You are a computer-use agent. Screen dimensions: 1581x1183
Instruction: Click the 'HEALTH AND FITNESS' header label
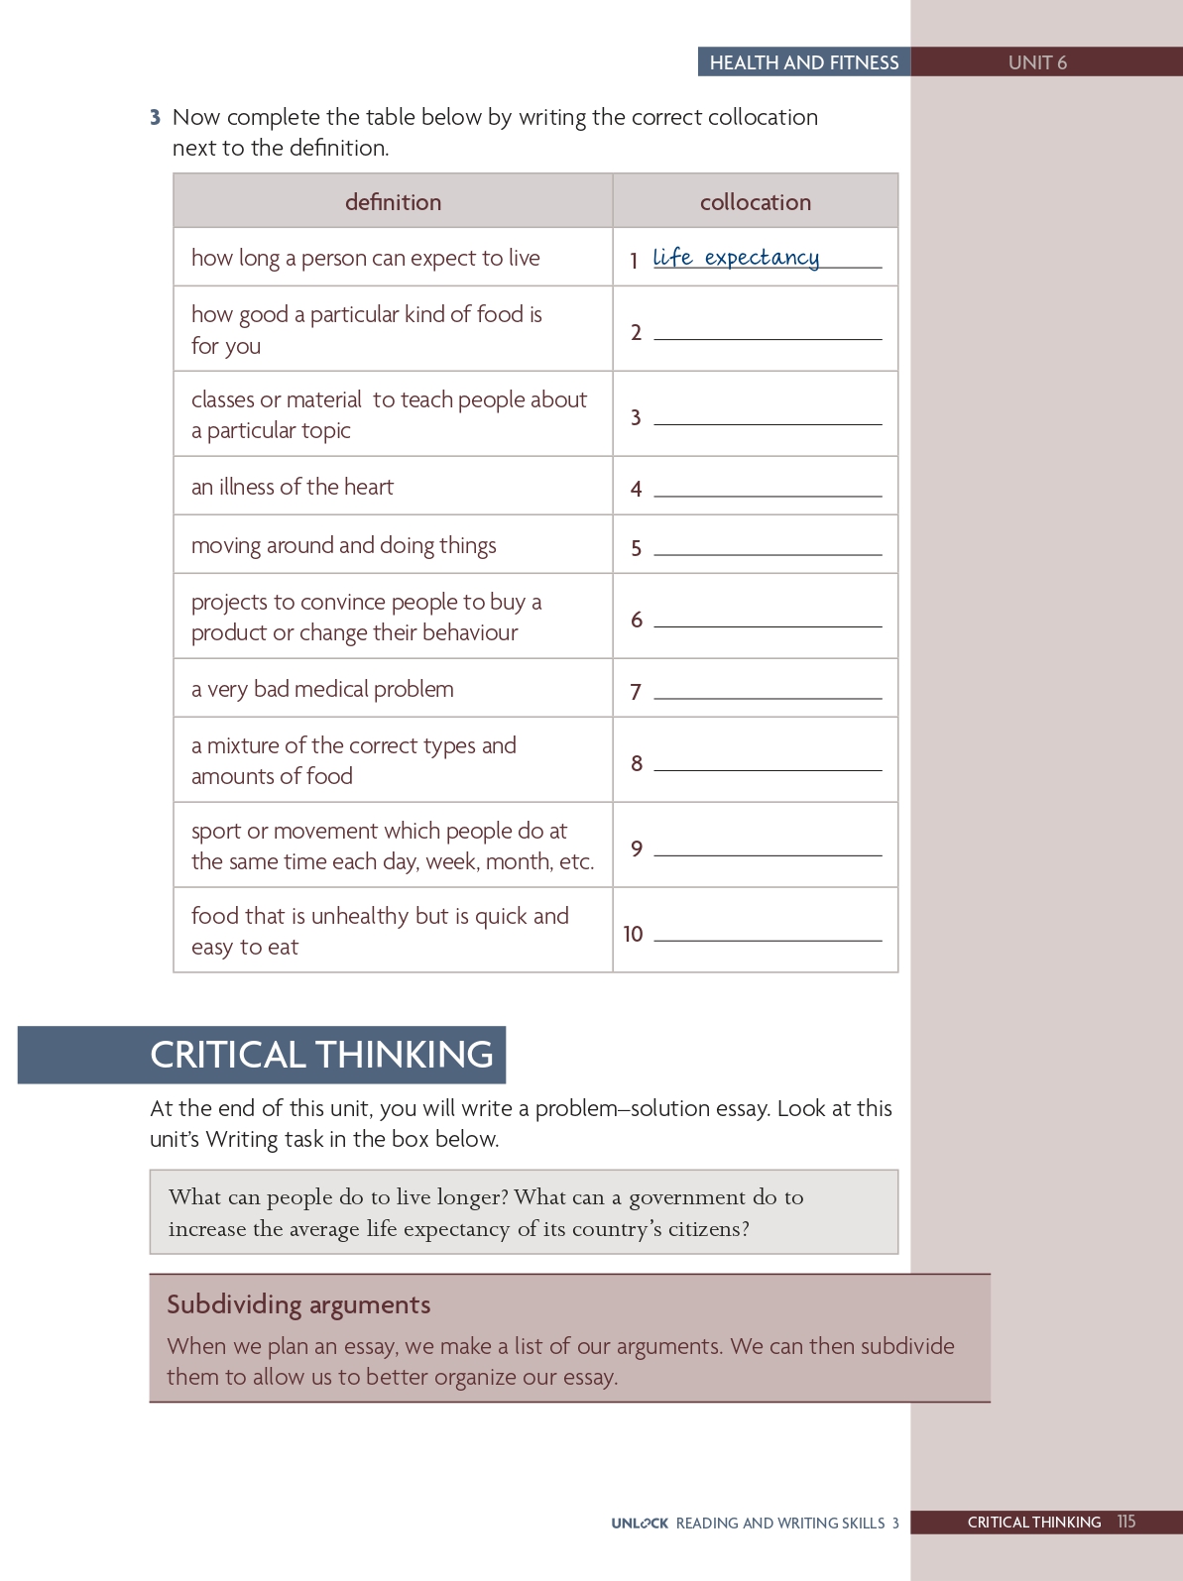point(803,62)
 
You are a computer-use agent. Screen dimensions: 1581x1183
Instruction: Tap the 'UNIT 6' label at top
point(1037,62)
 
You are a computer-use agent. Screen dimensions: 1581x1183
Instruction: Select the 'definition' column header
point(393,202)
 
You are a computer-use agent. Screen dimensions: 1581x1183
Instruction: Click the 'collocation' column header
point(755,202)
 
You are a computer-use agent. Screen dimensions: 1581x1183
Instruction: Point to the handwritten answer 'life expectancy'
point(736,258)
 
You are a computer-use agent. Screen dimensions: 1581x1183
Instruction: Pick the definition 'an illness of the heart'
point(293,487)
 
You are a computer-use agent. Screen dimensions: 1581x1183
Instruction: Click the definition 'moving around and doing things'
point(343,546)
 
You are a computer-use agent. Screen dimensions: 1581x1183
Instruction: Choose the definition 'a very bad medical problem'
point(322,689)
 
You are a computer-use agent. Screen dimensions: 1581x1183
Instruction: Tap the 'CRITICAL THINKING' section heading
point(321,1054)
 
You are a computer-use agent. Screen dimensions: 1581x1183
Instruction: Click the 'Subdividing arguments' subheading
point(298,1304)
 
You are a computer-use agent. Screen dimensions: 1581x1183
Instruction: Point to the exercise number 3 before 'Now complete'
point(155,118)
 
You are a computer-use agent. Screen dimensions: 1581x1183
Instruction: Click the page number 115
point(1125,1522)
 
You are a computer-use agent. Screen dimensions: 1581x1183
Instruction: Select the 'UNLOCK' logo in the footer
point(640,1524)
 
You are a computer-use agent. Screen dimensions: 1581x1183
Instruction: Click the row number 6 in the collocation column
point(637,621)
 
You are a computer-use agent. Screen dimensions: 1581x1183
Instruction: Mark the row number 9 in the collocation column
point(637,848)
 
